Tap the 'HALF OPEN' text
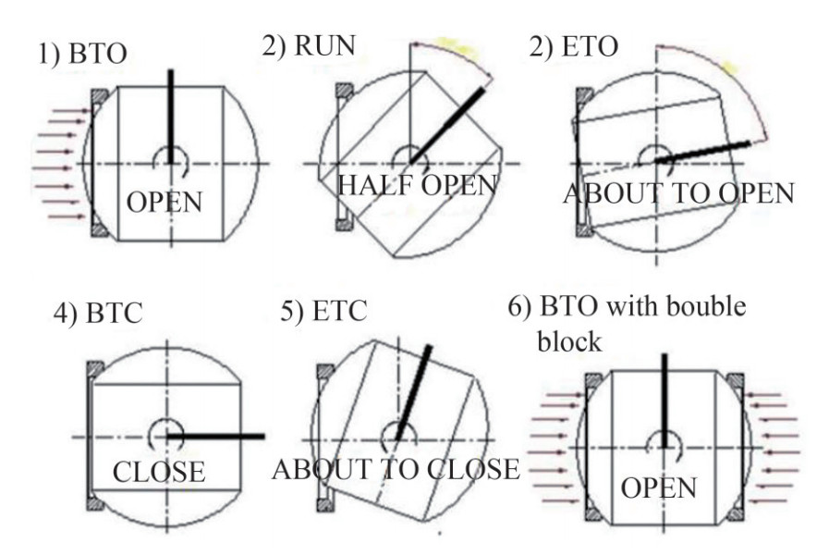pos(417,185)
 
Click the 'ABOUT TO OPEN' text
pos(678,193)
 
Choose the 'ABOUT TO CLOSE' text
pos(396,469)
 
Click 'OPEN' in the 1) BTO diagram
pos(164,202)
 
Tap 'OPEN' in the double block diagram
pos(658,487)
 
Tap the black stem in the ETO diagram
pos(702,153)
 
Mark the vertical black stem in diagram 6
pos(664,398)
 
